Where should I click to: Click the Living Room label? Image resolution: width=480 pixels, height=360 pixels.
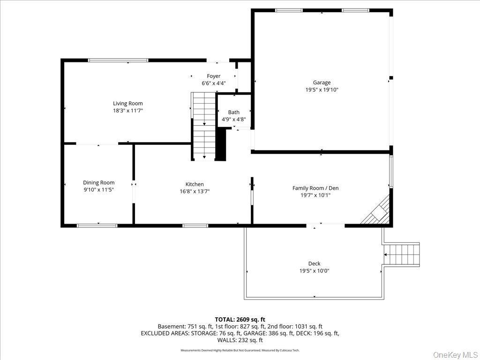coord(127,104)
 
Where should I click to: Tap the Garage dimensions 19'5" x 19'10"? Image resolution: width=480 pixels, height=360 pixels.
coord(322,90)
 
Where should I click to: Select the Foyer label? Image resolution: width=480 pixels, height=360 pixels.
coord(214,76)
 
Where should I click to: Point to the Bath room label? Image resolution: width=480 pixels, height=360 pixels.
coord(233,112)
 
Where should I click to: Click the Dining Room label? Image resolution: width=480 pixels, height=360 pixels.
coord(98,183)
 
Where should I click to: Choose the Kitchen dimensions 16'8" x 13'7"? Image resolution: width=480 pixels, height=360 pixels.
coord(194,191)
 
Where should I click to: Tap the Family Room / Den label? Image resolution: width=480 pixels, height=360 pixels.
coord(315,188)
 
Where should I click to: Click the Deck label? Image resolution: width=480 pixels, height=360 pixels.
coord(314,263)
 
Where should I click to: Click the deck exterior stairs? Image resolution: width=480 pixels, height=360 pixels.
coord(401,254)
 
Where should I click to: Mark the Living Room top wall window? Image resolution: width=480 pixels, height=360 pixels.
coord(118,60)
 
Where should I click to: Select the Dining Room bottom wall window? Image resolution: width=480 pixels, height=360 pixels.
coord(97,225)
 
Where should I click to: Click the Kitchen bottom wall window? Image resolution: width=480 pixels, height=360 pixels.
coord(195,225)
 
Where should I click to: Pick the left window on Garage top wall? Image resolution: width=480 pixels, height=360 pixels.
coord(289,10)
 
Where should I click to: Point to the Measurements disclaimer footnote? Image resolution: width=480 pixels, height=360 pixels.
coord(240,350)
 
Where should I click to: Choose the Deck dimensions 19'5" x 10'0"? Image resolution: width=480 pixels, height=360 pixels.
coord(314,271)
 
